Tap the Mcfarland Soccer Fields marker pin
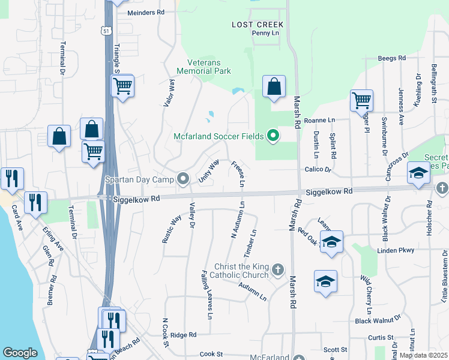coord(274,136)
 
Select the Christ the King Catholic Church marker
coord(277,270)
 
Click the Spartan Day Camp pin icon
coord(183,179)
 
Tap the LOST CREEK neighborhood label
coord(258,25)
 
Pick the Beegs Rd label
coord(392,58)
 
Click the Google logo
coord(20,353)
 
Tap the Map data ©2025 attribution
coord(423,355)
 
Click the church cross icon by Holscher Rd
coord(441,188)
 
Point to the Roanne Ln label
coord(319,121)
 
